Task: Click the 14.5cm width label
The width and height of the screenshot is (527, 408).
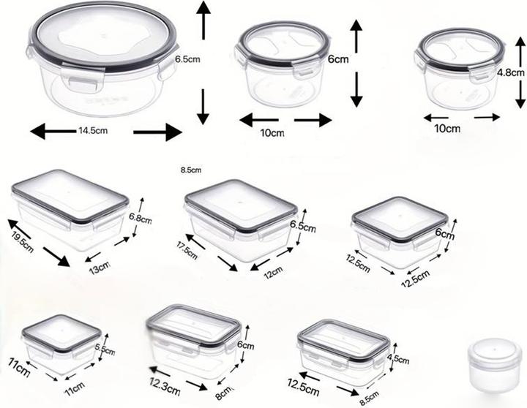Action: pos(93,130)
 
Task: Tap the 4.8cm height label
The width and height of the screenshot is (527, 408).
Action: pos(511,72)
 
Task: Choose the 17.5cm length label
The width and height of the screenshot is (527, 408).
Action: pos(187,250)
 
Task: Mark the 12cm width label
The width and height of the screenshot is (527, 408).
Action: pos(273,273)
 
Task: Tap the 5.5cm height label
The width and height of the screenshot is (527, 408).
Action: pos(105,350)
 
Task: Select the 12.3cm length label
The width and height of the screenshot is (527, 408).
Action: pos(165,387)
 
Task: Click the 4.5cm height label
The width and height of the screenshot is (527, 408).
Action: pos(398,358)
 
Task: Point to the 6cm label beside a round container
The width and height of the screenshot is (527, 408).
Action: pos(338,59)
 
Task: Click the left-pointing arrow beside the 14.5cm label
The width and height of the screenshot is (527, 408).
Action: pos(53,131)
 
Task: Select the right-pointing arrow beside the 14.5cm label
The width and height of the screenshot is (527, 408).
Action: pos(157,132)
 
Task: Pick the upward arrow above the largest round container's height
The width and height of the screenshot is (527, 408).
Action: pos(203,20)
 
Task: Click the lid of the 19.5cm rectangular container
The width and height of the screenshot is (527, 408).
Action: pos(70,196)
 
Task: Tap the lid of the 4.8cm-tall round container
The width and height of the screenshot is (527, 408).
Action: pos(460,50)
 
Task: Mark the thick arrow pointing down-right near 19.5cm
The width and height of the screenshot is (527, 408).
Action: pos(56,257)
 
